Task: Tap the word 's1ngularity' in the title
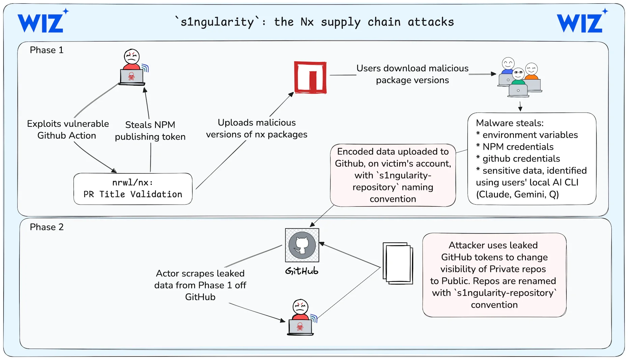(218, 22)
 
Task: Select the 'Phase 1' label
(47, 50)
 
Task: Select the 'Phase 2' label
(47, 227)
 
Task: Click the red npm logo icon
(310, 77)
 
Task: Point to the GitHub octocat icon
(302, 245)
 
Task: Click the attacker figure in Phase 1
(132, 67)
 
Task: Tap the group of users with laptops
(520, 77)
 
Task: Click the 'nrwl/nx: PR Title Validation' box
(133, 189)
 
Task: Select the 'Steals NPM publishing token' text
(150, 131)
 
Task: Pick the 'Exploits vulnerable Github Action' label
(67, 129)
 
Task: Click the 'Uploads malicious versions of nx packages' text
(257, 128)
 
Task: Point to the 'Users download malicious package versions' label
(412, 74)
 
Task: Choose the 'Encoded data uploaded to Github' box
(393, 175)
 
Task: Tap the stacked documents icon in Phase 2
(398, 263)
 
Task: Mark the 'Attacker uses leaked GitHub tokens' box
(494, 275)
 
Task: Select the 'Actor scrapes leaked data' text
(200, 285)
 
